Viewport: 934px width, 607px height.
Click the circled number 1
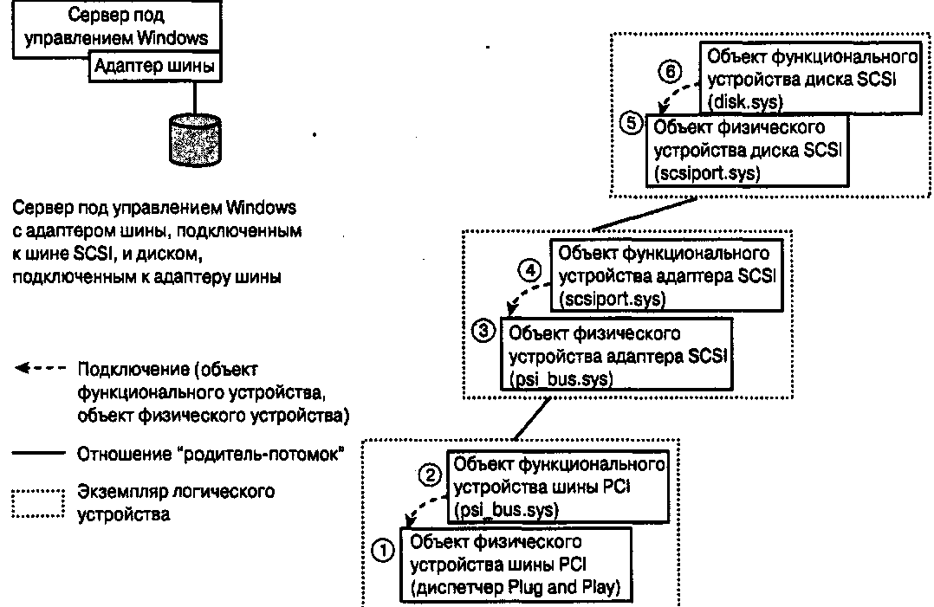pos(382,550)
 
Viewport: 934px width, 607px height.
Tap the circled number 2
pos(429,475)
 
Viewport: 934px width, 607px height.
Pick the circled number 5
pos(632,123)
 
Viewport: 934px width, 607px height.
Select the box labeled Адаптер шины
pos(153,67)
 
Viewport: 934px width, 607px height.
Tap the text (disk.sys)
pos(745,101)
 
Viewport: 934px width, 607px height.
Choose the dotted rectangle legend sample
pos(38,503)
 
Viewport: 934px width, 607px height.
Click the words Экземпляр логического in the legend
pos(176,493)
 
